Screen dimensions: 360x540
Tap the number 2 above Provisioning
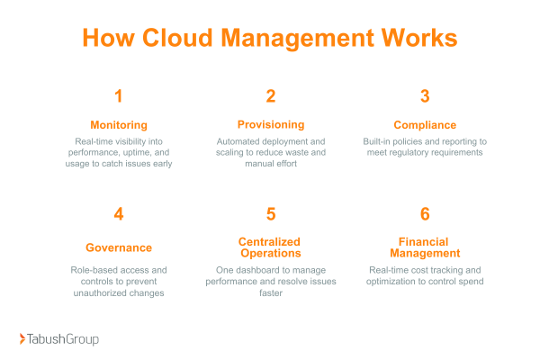[270, 96]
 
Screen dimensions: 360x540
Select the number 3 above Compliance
[424, 96]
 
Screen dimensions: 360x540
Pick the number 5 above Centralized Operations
[270, 214]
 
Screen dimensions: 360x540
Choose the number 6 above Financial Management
[424, 214]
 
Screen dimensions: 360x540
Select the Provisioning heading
[270, 124]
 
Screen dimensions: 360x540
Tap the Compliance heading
[424, 124]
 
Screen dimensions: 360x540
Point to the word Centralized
[270, 241]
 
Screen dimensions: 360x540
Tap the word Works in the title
[415, 39]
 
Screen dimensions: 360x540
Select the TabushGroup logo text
[64, 339]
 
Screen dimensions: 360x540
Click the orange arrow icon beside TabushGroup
[23, 339]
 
